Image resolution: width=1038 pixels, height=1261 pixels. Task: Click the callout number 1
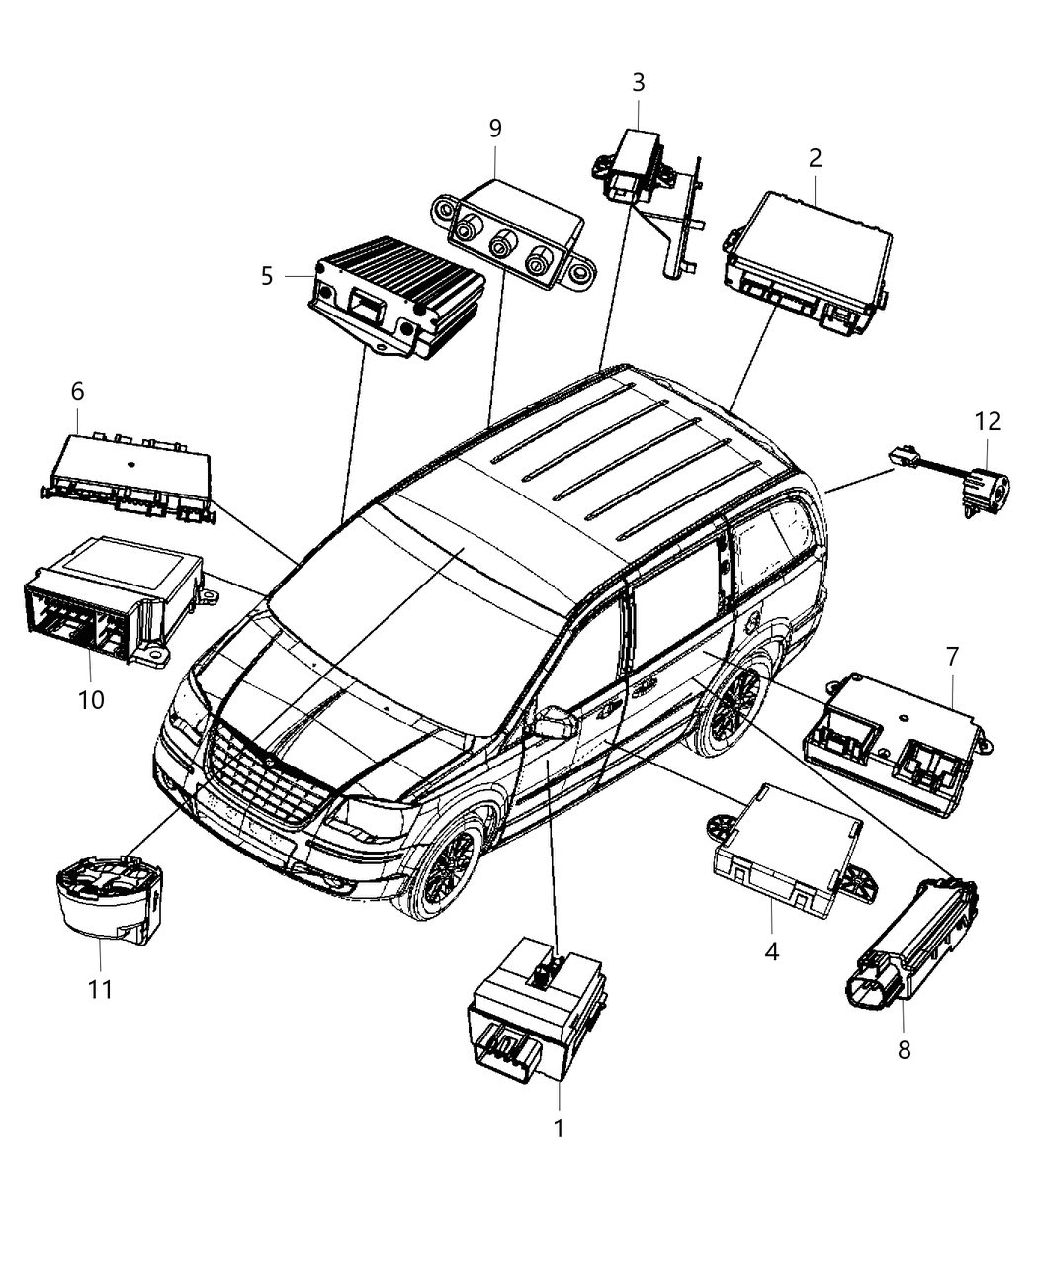pyautogui.click(x=559, y=1127)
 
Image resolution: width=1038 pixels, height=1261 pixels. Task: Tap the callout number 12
pyautogui.click(x=987, y=422)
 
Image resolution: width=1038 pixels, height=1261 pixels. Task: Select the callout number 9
pyautogui.click(x=495, y=128)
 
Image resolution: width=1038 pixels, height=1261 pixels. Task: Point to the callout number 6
pyautogui.click(x=77, y=392)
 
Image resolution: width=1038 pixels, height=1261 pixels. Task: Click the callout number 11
pyautogui.click(x=100, y=988)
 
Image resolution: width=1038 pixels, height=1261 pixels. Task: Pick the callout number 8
pyautogui.click(x=904, y=1050)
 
